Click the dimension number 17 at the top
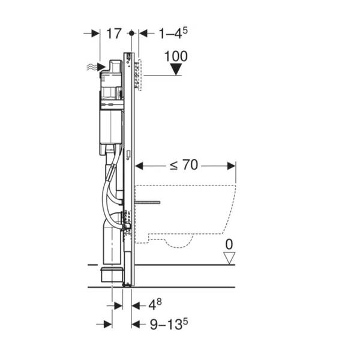point(113,34)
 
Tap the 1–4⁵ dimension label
point(173,33)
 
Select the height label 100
point(176,56)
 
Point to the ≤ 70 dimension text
point(184,165)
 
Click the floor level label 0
point(229,245)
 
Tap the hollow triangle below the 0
point(229,258)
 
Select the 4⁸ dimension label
point(155,305)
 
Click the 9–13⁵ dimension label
point(169,324)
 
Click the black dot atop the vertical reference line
point(131,33)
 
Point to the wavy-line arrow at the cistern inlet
point(96,67)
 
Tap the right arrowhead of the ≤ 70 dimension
point(231,166)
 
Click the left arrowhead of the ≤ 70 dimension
point(139,166)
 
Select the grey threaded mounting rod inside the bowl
point(148,202)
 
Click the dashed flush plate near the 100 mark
point(139,75)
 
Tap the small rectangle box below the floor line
point(110,274)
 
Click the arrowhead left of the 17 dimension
point(95,34)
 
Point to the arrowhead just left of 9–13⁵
point(136,325)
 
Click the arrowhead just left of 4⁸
point(136,306)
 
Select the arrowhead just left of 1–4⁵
point(143,34)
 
